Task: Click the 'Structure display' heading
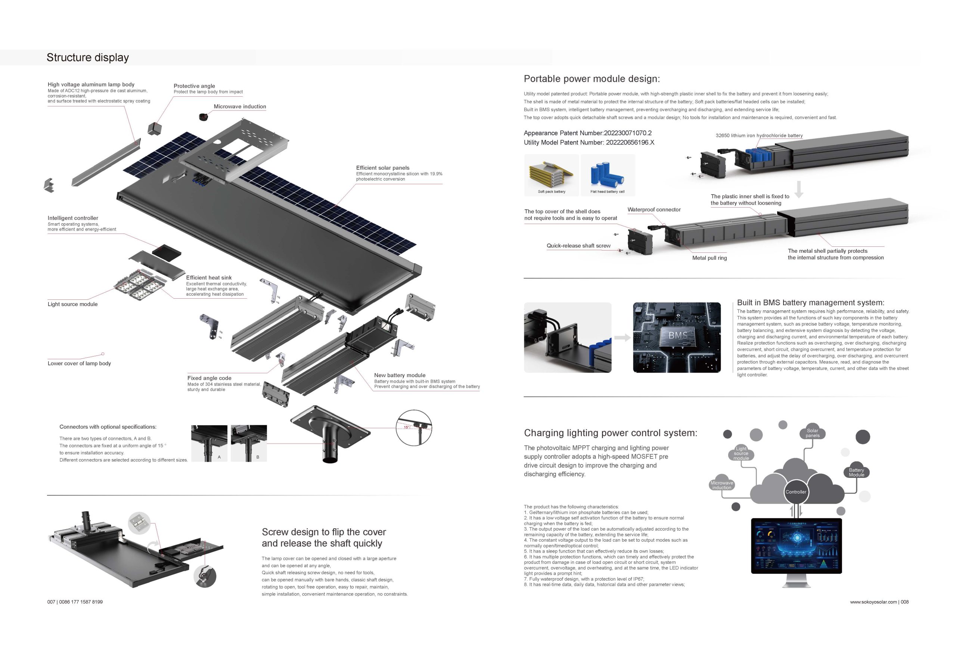tap(88, 57)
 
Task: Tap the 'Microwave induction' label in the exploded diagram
tap(240, 106)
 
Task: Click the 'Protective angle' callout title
tap(194, 86)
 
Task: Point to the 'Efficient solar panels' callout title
tap(382, 168)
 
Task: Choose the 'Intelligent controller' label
tap(73, 218)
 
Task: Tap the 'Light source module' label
tap(72, 304)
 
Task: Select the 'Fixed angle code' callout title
tap(209, 378)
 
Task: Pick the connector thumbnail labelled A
tap(209, 443)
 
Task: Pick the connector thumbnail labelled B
tap(249, 443)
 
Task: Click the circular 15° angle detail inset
tap(414, 427)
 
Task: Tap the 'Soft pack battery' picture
tap(552, 175)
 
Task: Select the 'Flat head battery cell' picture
tap(608, 175)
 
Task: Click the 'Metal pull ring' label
tap(710, 258)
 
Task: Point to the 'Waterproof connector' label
tap(654, 210)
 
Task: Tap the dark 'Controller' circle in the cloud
tap(795, 492)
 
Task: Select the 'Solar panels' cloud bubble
tap(813, 433)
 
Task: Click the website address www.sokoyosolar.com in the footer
tap(873, 602)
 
